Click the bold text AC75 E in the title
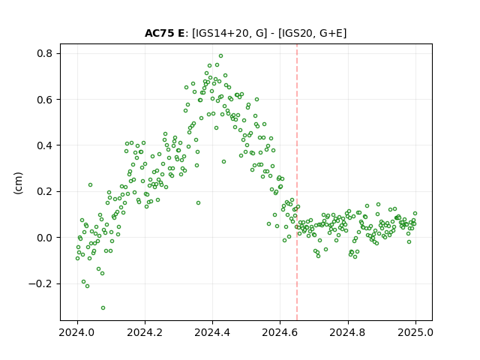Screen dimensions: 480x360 [164, 33]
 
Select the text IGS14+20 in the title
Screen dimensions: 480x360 [220, 33]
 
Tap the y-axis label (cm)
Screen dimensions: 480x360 [18, 183]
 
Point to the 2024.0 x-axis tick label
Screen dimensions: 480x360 [77, 332]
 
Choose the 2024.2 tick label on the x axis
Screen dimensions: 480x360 [145, 332]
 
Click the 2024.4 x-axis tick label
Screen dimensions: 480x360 [212, 332]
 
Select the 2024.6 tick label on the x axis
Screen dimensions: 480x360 [280, 332]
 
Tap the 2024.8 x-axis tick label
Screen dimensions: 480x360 [348, 332]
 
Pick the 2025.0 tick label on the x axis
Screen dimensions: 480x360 [415, 332]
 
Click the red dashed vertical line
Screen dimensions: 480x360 [297, 182]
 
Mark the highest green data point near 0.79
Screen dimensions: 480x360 [220, 56]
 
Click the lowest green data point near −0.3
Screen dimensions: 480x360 [103, 308]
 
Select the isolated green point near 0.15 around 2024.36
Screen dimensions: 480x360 [198, 203]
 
